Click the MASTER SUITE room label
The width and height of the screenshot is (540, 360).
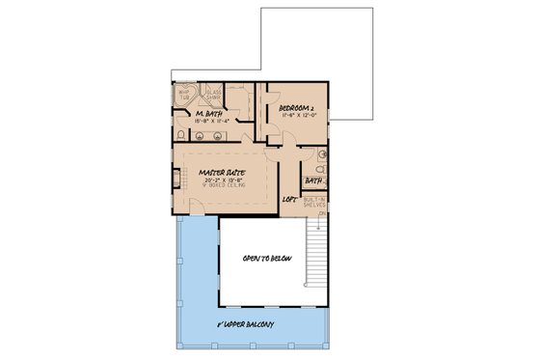point(220,173)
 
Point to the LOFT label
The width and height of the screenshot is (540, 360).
point(288,200)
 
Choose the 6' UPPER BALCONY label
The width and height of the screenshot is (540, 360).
point(247,324)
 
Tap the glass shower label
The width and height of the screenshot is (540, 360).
point(213,95)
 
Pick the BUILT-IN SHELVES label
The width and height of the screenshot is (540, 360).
point(315,201)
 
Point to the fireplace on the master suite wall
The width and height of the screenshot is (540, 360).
point(176,179)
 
